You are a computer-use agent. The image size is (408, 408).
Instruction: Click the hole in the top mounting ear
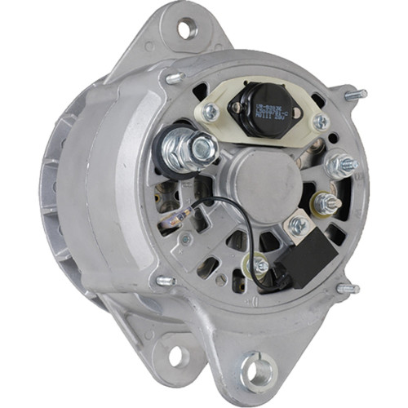click(x=187, y=29)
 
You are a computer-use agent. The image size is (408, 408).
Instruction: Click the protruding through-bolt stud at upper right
click(x=356, y=95)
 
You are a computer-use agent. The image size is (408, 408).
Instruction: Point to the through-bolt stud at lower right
click(x=349, y=288)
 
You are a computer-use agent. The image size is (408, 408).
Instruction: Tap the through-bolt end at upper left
click(x=174, y=78)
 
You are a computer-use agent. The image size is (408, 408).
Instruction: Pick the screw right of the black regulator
click(x=321, y=122)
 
